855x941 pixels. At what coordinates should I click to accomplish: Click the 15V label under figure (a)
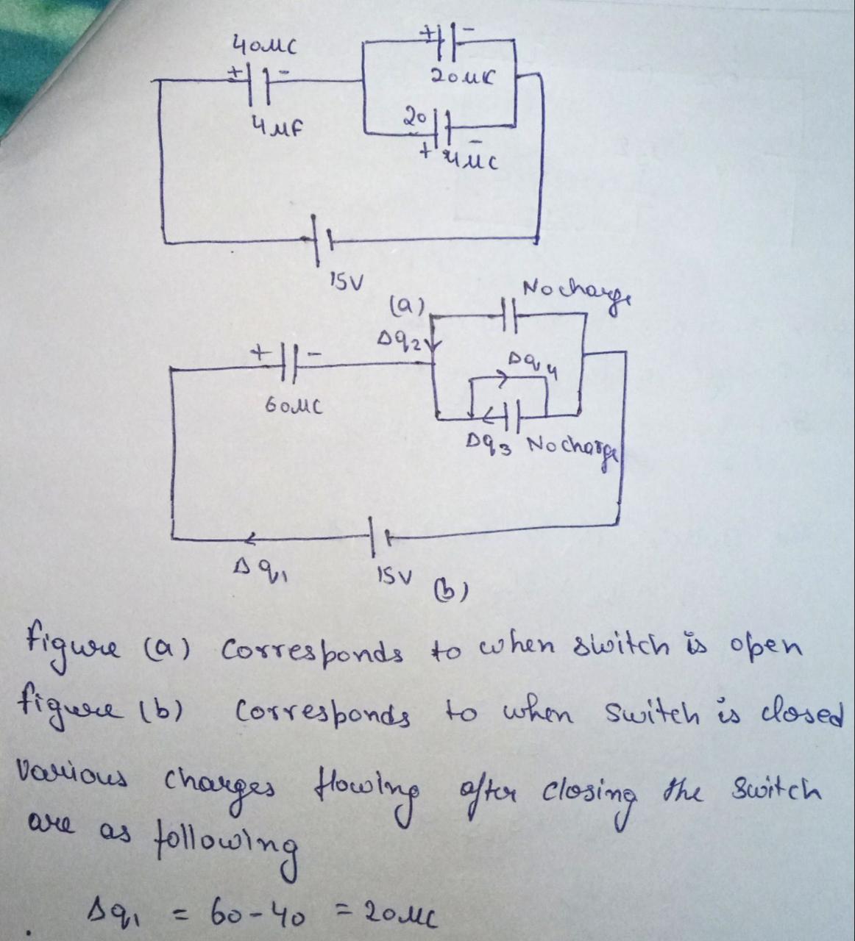[342, 282]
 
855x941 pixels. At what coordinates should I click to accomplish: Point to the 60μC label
[287, 406]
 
